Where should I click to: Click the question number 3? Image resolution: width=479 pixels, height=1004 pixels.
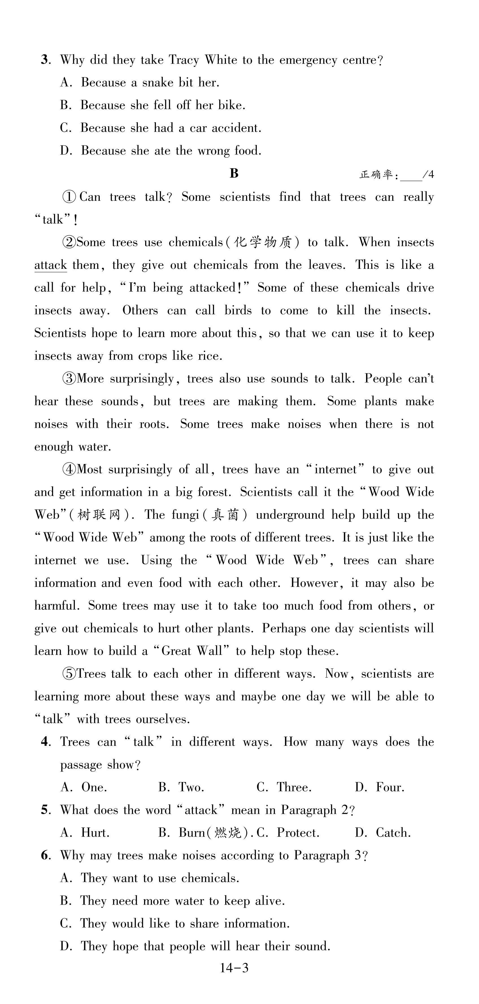44,60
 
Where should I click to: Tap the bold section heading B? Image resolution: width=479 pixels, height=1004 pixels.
234,173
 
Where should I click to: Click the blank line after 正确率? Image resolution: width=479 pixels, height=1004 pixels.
411,175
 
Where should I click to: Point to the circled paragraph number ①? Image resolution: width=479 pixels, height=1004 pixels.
69,197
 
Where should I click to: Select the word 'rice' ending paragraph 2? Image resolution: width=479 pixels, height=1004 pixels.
210,356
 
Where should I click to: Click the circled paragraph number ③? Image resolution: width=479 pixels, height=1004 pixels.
69,379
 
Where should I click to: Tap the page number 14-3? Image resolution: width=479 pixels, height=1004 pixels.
234,968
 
